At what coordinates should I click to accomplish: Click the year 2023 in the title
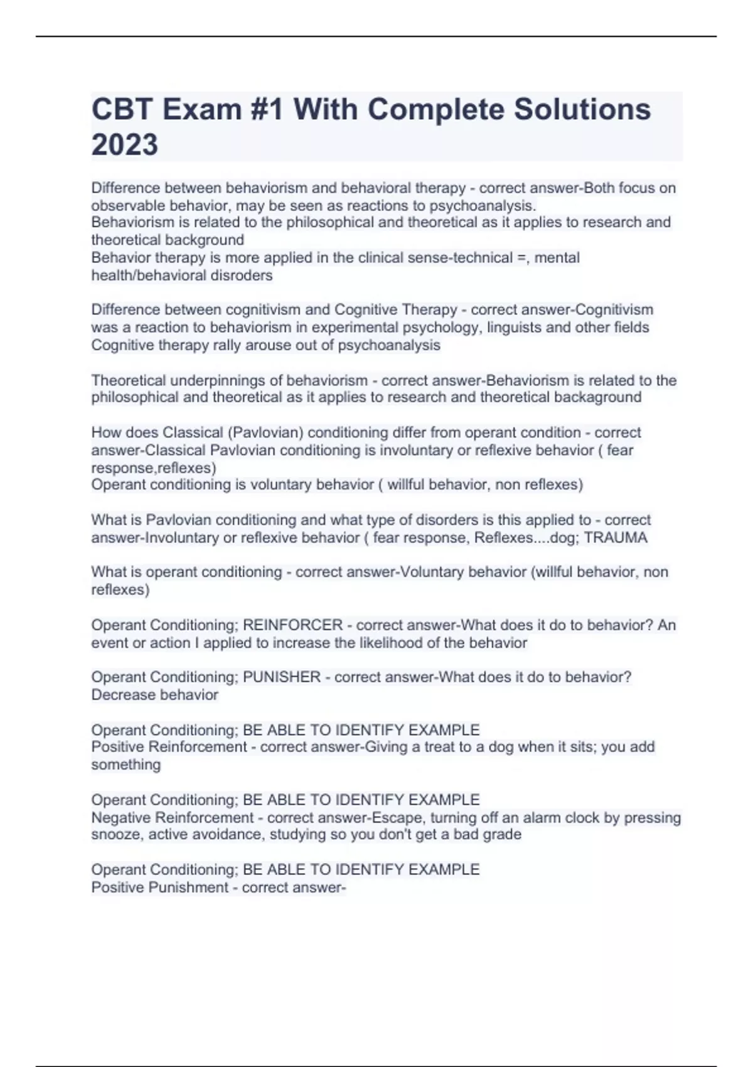(x=125, y=144)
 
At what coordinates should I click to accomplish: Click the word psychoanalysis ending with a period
(x=483, y=205)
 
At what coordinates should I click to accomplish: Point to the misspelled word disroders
(x=241, y=275)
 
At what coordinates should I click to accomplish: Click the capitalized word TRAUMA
(x=616, y=537)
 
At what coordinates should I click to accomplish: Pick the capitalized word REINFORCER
(x=292, y=625)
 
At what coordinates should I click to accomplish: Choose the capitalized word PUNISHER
(x=282, y=677)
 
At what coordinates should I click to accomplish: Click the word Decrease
(x=120, y=695)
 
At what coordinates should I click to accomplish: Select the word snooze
(x=116, y=834)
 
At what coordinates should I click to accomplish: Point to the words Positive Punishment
(x=159, y=887)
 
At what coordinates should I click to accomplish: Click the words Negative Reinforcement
(x=173, y=818)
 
